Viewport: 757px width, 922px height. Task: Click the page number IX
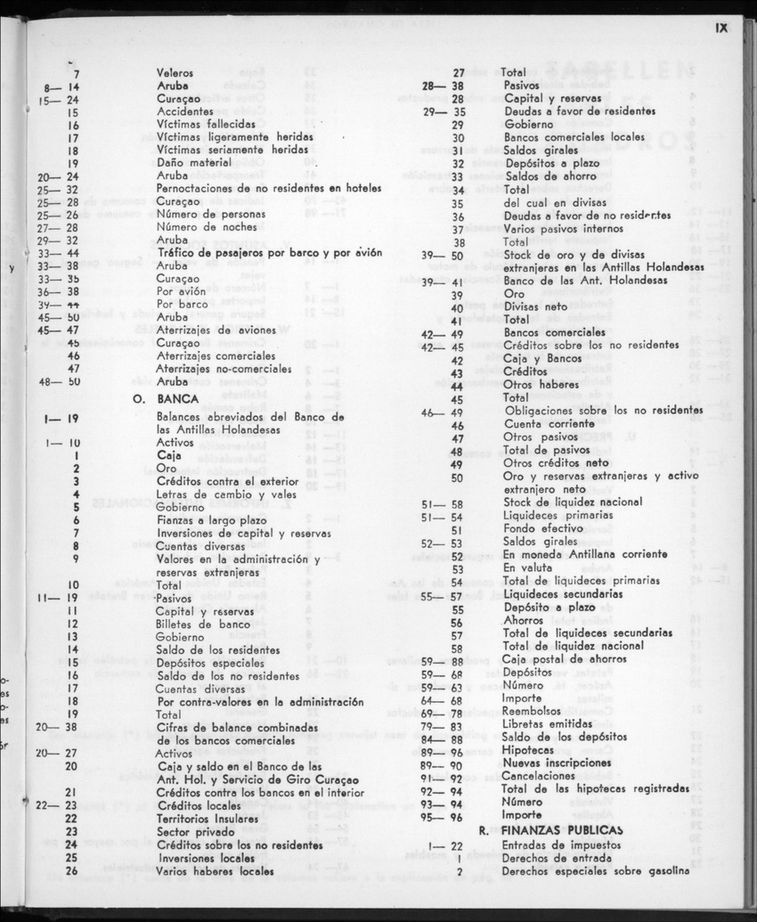[x=720, y=28]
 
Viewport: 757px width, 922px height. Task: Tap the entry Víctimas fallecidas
[x=206, y=126]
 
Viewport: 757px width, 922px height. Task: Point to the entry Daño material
[x=192, y=164]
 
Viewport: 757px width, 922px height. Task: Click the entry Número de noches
[x=200, y=227]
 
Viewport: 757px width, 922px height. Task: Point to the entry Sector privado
[x=191, y=831]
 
